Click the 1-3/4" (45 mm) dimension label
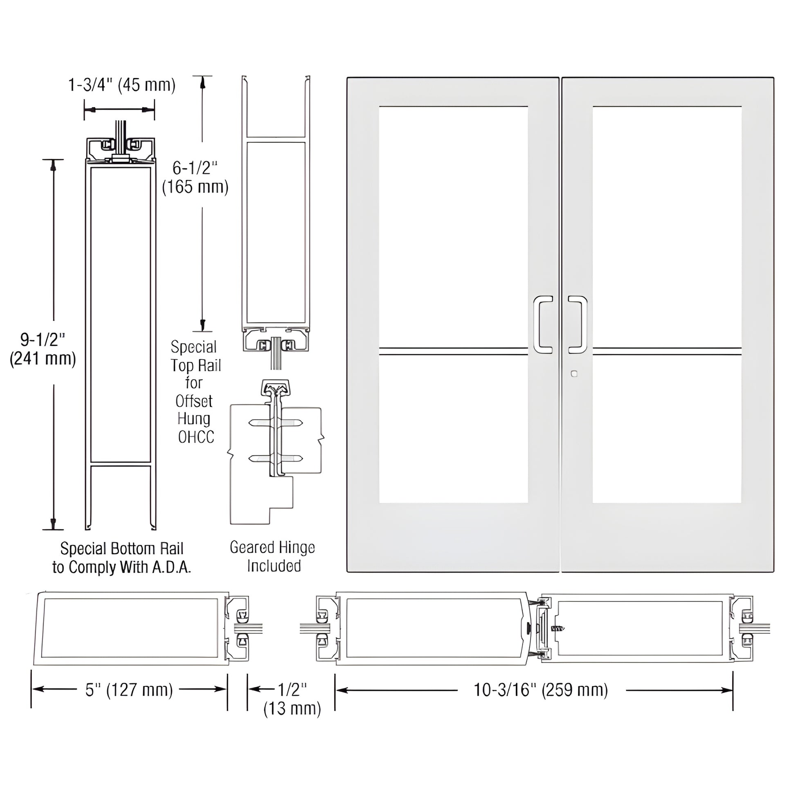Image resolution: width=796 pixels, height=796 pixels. coord(122,85)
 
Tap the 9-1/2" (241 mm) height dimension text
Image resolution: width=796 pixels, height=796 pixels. coord(43,349)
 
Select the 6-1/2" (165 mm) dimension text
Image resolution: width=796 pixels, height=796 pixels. coord(195,178)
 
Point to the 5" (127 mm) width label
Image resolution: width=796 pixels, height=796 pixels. coord(129,690)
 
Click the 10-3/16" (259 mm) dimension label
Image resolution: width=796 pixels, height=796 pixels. coord(541,690)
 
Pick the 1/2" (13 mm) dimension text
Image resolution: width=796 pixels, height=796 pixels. coord(292,698)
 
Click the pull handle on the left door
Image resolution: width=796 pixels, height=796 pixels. coord(542,324)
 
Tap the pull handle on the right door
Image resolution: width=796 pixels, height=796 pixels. coord(578,324)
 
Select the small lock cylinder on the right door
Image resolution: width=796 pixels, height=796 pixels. coord(574,374)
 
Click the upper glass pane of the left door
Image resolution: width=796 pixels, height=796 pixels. coord(453,227)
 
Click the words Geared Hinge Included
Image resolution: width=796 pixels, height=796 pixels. coord(273,556)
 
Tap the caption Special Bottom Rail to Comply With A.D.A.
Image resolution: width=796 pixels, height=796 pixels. coord(121,558)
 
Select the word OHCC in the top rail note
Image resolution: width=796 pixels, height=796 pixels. coord(196,437)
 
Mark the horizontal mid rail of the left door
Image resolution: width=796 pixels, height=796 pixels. coord(453,351)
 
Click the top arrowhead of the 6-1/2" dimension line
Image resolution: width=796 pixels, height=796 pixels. coord(202,83)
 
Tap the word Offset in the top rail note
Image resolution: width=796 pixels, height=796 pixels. coord(193,401)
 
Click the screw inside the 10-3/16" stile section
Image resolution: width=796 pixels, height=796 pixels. coord(557,629)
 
